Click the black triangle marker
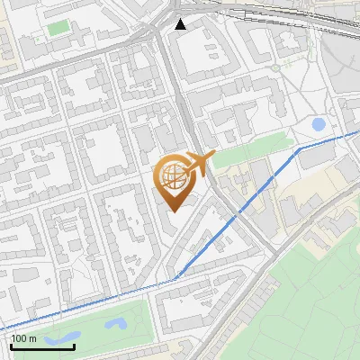181,23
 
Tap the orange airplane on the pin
199,163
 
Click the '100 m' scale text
24,338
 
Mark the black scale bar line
42,346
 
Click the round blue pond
318,124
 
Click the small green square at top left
58,28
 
